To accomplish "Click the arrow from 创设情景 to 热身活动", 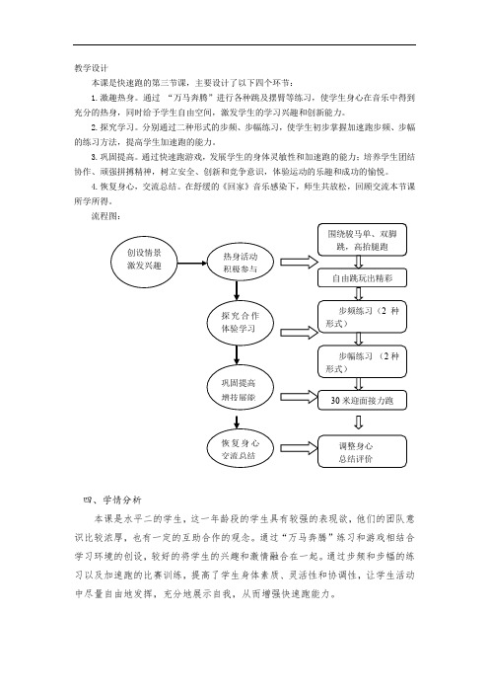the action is (192, 264).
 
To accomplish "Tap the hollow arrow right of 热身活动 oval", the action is (299, 262).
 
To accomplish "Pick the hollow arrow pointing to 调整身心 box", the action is (299, 448).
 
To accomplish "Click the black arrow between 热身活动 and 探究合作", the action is (237, 290).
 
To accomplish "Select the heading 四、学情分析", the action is (112, 500).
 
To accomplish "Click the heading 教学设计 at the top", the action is (91, 68).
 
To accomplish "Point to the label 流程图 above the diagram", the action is (105, 216).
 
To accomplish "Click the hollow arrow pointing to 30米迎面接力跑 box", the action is (299, 397).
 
